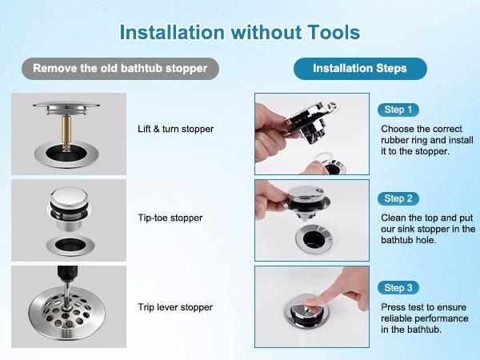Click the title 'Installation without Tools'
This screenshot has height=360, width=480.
tap(239, 32)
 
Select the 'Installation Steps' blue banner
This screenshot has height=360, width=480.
tap(360, 68)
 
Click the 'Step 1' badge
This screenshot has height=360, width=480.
tap(398, 110)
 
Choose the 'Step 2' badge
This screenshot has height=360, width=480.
tap(398, 198)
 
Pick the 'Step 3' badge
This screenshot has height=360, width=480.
tap(398, 288)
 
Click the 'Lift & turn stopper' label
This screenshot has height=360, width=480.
tap(175, 129)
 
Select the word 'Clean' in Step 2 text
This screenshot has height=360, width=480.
tap(394, 217)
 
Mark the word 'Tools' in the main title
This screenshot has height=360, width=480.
tap(327, 32)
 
